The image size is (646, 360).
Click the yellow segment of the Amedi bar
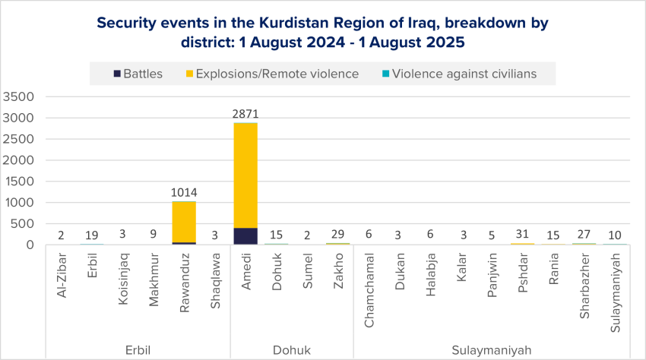[x=245, y=175]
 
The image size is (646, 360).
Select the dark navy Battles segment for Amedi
[x=245, y=236]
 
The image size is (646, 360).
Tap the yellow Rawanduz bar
[x=184, y=221]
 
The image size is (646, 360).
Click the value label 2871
[x=245, y=114]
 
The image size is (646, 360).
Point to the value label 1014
[x=184, y=193]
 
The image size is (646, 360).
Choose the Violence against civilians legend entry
[x=461, y=74]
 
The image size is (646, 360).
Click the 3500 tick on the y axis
[x=18, y=96]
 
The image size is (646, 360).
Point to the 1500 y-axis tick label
[x=18, y=182]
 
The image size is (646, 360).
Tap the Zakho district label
[x=338, y=290]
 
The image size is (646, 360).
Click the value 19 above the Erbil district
[x=92, y=235]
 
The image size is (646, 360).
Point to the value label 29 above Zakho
[x=338, y=235]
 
